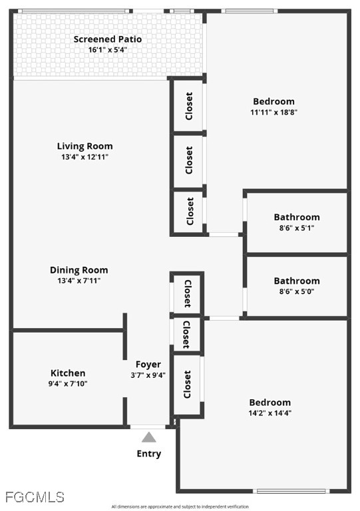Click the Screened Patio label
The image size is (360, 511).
point(108,39)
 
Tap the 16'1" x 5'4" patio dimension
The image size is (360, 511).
point(108,50)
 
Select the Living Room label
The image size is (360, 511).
point(85,146)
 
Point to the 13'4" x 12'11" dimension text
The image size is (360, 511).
point(85,157)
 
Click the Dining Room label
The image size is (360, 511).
point(79,270)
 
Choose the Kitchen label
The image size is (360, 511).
point(68,373)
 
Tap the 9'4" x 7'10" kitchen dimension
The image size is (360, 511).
point(68,383)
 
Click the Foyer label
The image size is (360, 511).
point(148,365)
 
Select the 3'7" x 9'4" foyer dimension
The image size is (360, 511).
point(148,375)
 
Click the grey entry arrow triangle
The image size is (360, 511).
point(149,437)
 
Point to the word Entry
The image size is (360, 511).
point(149,454)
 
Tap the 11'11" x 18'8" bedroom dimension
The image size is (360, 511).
point(273,112)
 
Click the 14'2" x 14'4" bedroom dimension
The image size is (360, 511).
point(270,413)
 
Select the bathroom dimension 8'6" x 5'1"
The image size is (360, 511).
point(297,228)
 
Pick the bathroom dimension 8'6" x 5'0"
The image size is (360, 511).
point(297,291)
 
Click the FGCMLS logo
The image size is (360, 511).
point(35,497)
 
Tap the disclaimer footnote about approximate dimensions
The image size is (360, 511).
point(180,507)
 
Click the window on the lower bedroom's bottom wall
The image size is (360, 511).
point(291,491)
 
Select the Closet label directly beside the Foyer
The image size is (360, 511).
point(187,385)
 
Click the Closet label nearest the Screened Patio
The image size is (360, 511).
point(189,106)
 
